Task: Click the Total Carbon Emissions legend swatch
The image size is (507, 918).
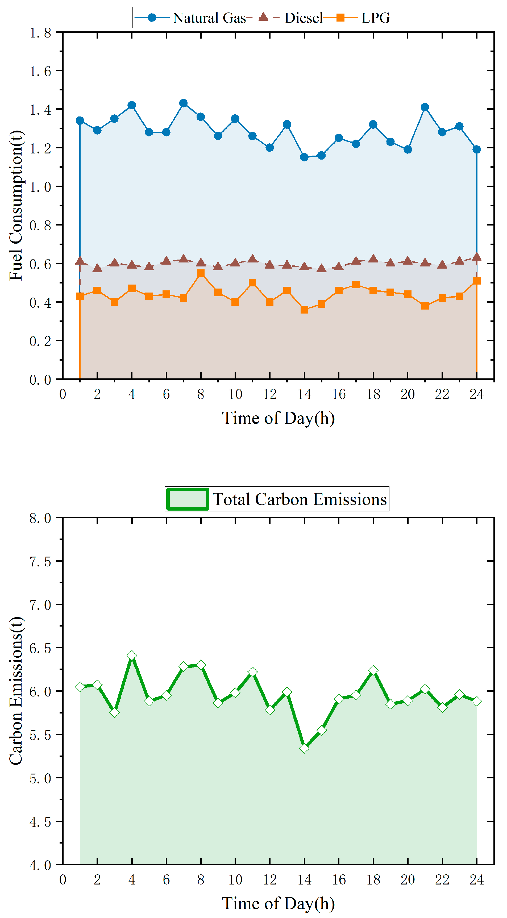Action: click(x=188, y=499)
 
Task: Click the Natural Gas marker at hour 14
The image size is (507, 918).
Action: click(x=304, y=157)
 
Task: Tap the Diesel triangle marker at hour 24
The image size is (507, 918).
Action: click(x=477, y=257)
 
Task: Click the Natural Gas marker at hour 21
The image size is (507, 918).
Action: click(x=425, y=107)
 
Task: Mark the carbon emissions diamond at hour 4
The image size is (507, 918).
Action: click(x=132, y=656)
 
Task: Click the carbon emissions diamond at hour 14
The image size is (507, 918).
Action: click(x=304, y=748)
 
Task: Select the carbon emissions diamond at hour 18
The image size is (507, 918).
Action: click(x=373, y=670)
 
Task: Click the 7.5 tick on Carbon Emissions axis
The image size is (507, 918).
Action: click(x=40, y=562)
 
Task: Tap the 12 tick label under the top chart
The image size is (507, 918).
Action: click(x=269, y=394)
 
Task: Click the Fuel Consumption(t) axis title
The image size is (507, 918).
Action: click(x=16, y=206)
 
